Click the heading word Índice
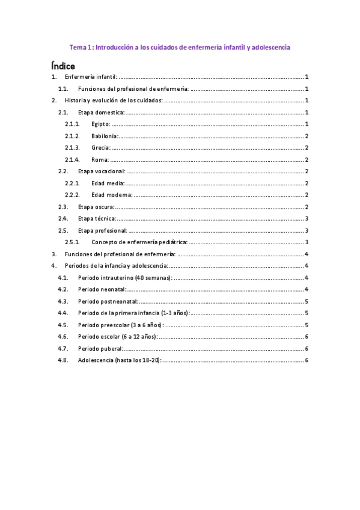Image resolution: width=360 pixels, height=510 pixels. pos(63,64)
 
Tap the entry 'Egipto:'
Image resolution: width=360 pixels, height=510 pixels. pos(101,124)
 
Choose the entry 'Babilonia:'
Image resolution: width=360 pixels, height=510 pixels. pos(105,136)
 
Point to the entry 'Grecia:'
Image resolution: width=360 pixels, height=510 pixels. pos(102,147)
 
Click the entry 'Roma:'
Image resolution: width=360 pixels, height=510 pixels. pos(100,159)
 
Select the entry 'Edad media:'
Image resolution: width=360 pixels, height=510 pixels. pos(108,183)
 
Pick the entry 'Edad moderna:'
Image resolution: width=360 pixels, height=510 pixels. pos(112,195)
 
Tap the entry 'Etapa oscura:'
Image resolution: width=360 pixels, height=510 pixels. pos(96,207)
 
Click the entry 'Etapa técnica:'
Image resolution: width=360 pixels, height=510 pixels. pos(97,218)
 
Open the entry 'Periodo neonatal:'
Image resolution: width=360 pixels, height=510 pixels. pos(101,289)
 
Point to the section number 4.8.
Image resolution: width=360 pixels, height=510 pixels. pos(63,360)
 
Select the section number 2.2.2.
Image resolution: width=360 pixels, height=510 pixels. pos(73,195)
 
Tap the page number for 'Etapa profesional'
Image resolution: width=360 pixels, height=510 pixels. pos(307,230)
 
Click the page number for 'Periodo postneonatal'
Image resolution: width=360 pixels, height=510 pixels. pos(307,301)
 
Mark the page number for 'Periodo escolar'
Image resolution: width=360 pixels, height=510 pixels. pos(307,337)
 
